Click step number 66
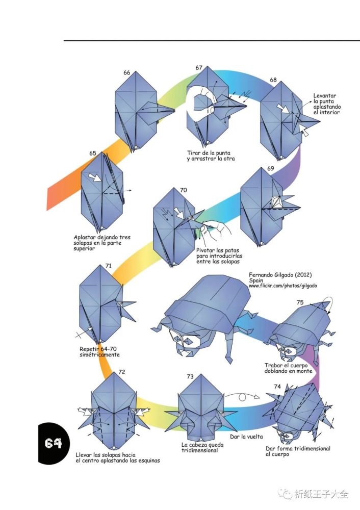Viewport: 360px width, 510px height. (127, 72)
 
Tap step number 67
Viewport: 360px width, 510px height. (199, 68)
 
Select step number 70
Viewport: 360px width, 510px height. (184, 190)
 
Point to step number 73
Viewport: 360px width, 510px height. (190, 376)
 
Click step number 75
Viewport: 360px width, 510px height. (300, 302)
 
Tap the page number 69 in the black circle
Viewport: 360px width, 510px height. (53, 443)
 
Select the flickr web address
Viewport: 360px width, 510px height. (283, 286)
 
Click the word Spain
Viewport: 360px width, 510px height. (256, 280)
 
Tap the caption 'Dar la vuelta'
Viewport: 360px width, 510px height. (246, 437)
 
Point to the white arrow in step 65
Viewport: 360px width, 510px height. (95, 177)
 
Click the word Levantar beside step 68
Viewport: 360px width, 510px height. (324, 96)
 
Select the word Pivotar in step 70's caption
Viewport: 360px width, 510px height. (205, 250)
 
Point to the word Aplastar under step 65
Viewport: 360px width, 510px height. (85, 238)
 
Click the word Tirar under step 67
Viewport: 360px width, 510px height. (194, 153)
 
